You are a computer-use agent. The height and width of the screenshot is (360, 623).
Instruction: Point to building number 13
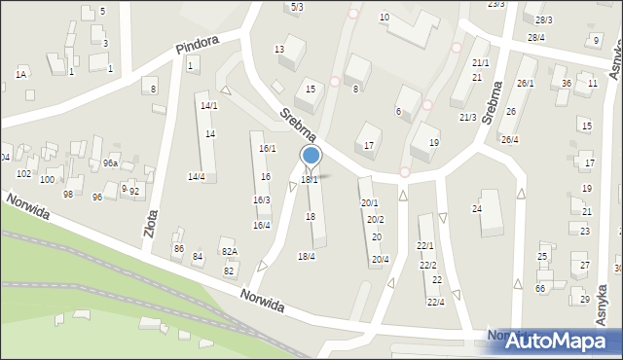(x=279, y=50)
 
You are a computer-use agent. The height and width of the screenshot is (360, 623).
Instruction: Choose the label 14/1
(x=208, y=105)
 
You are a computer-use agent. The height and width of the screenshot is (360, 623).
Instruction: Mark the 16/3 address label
(x=261, y=199)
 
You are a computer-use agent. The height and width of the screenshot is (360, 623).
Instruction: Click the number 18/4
(x=306, y=256)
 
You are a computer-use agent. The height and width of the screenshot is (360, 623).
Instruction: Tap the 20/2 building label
(x=375, y=219)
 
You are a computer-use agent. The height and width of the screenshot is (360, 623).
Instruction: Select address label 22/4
(x=435, y=302)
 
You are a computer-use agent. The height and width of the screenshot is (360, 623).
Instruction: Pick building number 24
(x=477, y=209)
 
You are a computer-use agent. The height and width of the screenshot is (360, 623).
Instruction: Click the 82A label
(x=229, y=253)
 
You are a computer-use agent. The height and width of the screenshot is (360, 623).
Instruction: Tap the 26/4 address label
(x=509, y=139)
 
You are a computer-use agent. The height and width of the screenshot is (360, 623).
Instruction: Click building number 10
(x=385, y=18)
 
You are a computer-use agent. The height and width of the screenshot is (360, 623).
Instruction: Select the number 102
(x=23, y=173)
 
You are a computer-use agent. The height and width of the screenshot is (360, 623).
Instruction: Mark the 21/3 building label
(x=467, y=117)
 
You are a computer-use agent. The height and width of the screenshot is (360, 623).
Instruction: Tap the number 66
(x=540, y=288)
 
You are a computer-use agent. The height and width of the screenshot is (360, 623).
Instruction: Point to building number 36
(x=566, y=84)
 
